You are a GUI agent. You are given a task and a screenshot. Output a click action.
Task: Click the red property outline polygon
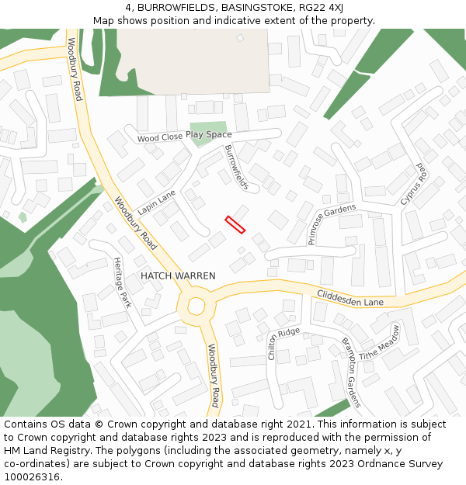coord(235,225)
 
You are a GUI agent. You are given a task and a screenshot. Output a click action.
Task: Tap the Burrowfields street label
coord(237,168)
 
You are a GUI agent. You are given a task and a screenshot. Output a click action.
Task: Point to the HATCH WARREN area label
coord(178,275)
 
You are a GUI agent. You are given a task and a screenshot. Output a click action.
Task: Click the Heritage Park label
coord(123,282)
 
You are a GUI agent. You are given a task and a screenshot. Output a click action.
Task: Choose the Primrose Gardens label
coord(332,224)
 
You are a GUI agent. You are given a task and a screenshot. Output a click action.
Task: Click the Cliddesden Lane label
coord(350,297)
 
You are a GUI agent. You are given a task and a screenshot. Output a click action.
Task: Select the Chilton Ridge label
coord(283,344)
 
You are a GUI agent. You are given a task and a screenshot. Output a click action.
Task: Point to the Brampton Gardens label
coord(351,372)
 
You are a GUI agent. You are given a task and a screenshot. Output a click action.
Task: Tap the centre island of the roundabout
coord(195,304)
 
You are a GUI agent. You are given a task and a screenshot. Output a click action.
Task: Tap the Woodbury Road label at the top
coord(75,69)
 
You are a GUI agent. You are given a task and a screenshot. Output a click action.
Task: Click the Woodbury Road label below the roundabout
coord(213,375)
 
